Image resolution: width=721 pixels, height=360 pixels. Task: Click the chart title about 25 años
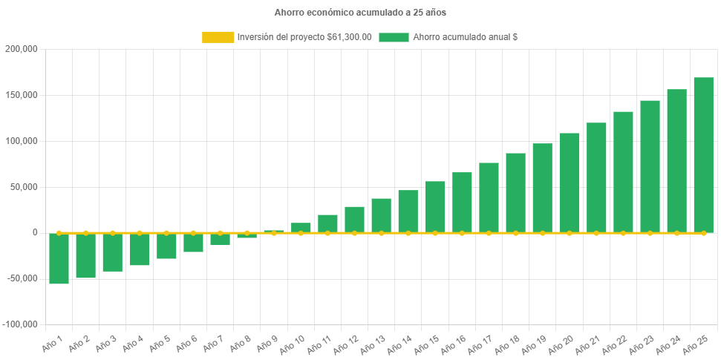pos(360,13)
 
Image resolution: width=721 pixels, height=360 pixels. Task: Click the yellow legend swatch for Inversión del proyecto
pos(218,37)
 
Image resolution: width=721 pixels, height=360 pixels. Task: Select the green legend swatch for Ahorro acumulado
pos(394,37)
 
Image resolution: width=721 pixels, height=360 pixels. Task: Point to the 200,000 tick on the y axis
pos(21,49)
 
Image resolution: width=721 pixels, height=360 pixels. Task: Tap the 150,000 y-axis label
pos(21,95)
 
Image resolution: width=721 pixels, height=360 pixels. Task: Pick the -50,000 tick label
pos(21,278)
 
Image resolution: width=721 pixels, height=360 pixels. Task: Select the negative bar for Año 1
pos(59,258)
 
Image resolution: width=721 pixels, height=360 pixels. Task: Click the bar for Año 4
pos(140,249)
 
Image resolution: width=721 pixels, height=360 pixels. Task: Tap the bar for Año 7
pos(220,239)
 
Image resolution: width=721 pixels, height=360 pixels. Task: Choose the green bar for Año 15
pos(435,207)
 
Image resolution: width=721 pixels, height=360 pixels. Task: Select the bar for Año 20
pos(570,183)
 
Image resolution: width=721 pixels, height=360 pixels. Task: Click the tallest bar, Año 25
pos(703,155)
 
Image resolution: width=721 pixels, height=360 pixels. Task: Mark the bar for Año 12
pos(354,220)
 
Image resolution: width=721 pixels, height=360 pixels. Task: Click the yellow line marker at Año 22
pos(623,233)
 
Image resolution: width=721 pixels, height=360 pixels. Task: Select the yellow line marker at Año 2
pos(86,233)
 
